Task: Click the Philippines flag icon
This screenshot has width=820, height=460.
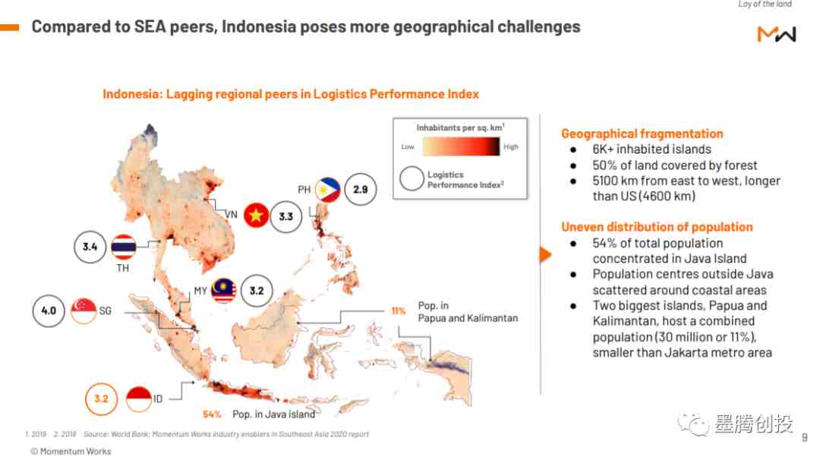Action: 328,189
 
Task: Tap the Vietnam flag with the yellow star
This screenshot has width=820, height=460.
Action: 257,216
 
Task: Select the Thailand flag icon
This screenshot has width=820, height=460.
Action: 124,247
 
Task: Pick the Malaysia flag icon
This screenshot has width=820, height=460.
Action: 223,291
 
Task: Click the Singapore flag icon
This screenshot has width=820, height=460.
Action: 84,311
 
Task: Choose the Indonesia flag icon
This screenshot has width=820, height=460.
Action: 139,399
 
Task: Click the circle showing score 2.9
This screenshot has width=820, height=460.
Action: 361,189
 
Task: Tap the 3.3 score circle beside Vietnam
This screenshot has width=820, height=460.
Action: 286,216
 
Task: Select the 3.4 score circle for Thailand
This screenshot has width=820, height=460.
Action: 90,246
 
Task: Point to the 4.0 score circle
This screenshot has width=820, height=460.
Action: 49,311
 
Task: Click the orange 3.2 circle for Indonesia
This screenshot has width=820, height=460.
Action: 102,399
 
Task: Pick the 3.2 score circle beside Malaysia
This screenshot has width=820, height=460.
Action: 257,291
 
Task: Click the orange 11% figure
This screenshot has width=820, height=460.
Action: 399,311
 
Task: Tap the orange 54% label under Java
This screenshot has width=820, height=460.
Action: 212,414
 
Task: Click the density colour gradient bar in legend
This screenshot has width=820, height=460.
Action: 461,147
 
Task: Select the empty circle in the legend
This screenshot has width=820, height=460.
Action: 412,179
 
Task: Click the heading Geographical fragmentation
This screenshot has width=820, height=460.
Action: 642,134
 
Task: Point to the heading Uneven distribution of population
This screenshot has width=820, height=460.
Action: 657,227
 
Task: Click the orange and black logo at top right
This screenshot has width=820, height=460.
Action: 777,34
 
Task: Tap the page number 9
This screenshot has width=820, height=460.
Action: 805,437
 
